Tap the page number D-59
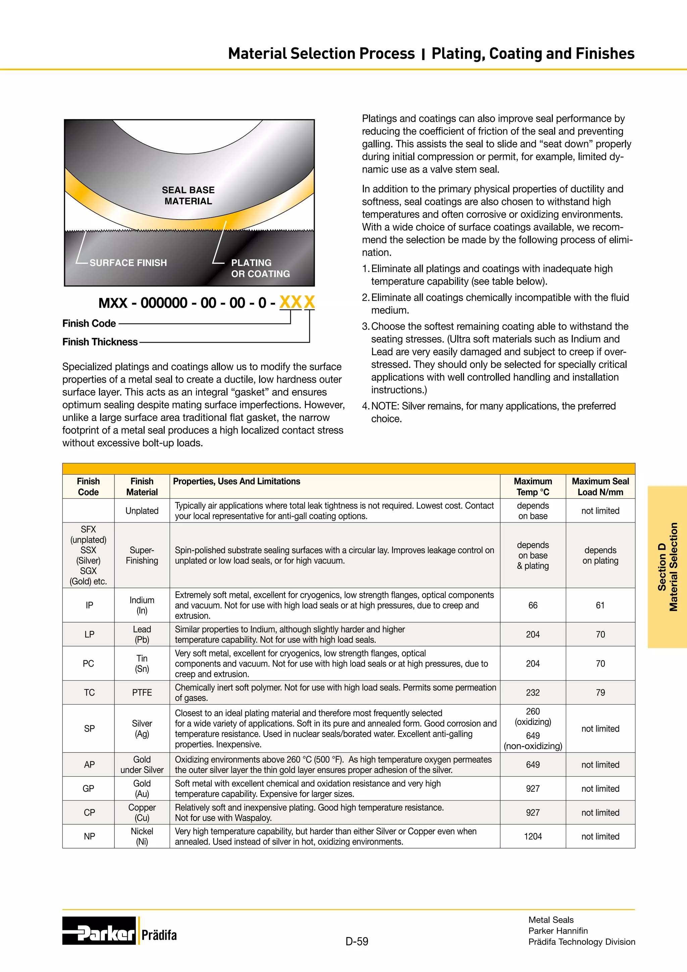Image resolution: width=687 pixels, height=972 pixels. tap(357, 941)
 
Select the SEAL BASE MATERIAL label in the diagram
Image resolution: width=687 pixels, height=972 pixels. tap(188, 196)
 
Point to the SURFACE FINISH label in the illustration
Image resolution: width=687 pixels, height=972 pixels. tap(128, 263)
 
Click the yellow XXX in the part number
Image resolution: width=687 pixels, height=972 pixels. tap(297, 302)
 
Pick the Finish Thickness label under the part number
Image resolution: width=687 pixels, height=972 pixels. tap(100, 342)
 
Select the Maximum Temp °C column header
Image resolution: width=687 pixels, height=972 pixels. tap(533, 486)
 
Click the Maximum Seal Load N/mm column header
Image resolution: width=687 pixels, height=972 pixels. tap(600, 486)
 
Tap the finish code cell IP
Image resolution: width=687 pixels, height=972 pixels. tap(89, 605)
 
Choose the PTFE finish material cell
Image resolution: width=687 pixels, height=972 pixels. tap(142, 693)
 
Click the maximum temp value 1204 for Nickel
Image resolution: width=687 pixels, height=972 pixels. tap(533, 836)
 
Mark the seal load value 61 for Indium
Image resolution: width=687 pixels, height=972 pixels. tap(600, 605)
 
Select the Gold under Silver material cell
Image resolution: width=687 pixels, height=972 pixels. tap(142, 765)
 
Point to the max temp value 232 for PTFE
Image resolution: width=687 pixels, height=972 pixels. tap(533, 693)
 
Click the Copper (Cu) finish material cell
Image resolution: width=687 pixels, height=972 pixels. tap(142, 812)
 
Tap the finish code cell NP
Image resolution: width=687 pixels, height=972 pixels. tap(89, 836)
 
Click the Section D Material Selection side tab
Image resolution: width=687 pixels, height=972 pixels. tap(667, 567)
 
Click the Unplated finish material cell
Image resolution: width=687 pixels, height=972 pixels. tap(142, 511)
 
